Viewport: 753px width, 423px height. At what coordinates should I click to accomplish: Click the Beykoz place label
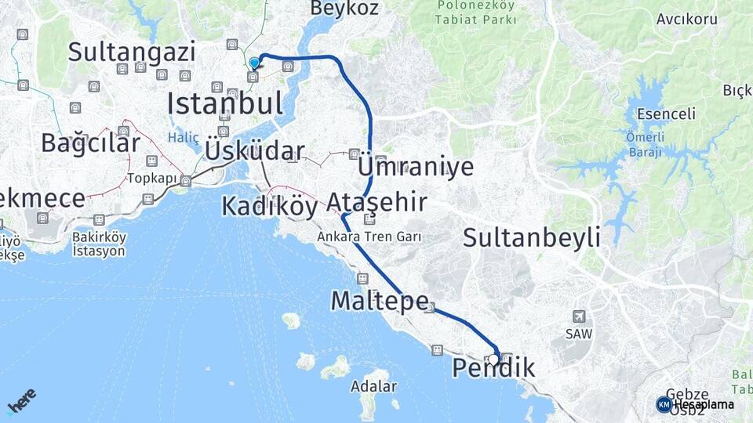(x=344, y=9)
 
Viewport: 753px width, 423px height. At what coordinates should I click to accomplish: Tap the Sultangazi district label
(x=131, y=52)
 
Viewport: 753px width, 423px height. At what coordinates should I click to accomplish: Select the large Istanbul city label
(x=224, y=103)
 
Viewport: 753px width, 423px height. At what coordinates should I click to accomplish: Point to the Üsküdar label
(x=254, y=150)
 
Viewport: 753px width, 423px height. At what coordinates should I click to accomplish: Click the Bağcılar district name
(x=90, y=143)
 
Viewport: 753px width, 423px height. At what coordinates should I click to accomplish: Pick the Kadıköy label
(x=269, y=206)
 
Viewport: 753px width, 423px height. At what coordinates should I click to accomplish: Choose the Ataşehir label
(x=376, y=203)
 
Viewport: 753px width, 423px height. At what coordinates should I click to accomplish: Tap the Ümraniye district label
(x=416, y=167)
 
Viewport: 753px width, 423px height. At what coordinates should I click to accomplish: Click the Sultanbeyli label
(x=532, y=237)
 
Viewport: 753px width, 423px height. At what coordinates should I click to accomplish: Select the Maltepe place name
(x=380, y=300)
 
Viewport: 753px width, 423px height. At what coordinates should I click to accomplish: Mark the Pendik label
(x=494, y=368)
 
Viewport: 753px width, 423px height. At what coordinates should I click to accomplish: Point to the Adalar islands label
(x=374, y=386)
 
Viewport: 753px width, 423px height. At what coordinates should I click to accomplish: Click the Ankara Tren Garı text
(x=369, y=236)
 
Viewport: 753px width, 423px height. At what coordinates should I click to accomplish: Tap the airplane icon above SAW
(x=579, y=316)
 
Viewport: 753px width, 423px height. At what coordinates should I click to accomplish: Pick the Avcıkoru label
(x=687, y=18)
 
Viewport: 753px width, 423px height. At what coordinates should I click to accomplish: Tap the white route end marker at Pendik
(x=493, y=360)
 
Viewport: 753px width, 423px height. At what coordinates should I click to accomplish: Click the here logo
(x=22, y=403)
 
